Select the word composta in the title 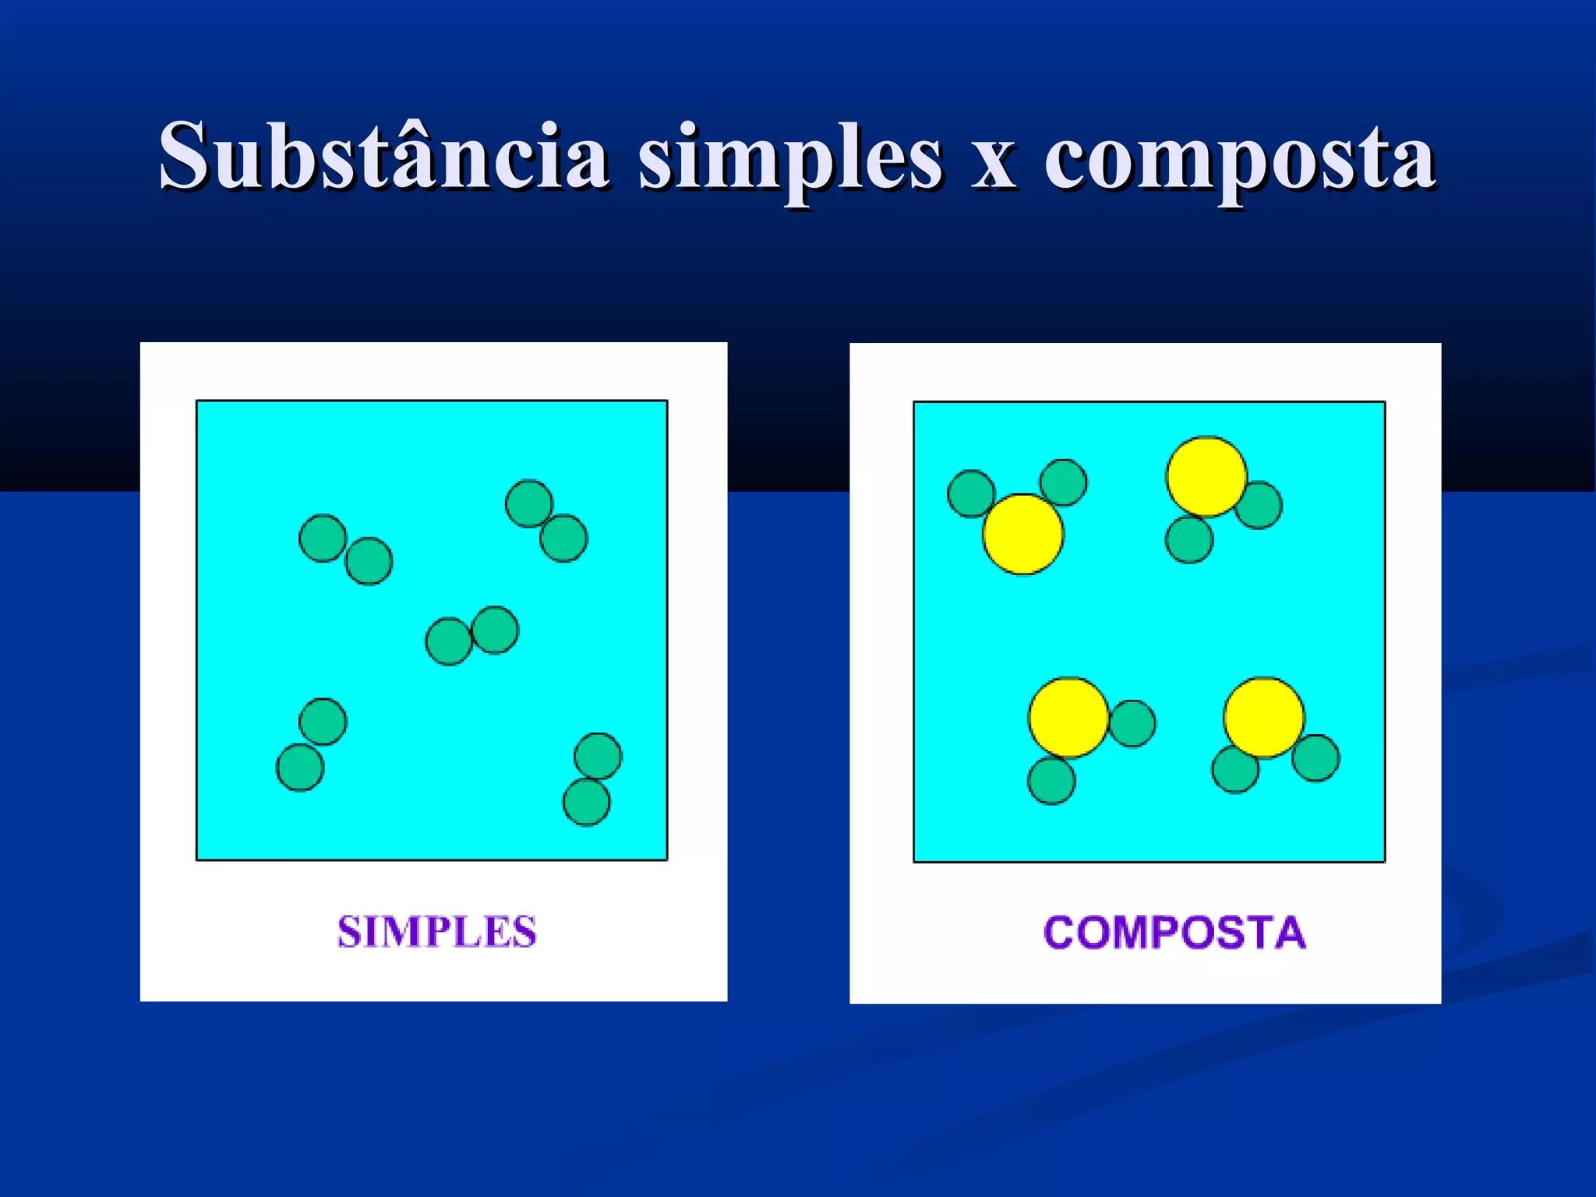(x=1239, y=160)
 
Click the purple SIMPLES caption (x=436, y=932)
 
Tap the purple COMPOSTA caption (x=1174, y=933)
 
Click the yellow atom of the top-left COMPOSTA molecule (x=1023, y=535)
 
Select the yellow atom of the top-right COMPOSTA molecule (x=1206, y=477)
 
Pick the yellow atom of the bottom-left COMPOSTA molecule (x=1068, y=718)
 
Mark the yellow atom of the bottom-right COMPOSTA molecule (x=1264, y=718)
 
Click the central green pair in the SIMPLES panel (x=472, y=636)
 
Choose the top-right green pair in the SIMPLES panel (x=546, y=521)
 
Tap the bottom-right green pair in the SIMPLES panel (x=592, y=779)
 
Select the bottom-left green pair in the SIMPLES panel (x=312, y=745)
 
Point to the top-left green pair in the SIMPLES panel (x=346, y=549)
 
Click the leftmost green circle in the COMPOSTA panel (x=971, y=494)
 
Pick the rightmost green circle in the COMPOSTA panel (x=1316, y=757)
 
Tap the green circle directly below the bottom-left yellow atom (x=1052, y=781)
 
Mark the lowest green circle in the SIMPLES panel (x=586, y=803)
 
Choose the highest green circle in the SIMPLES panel (x=529, y=503)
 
